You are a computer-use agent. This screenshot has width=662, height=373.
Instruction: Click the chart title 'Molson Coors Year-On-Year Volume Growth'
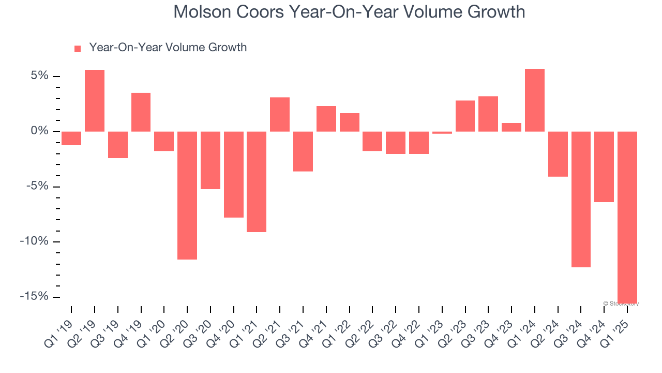pyautogui.click(x=349, y=12)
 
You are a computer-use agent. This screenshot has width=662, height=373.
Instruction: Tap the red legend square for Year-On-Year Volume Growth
pyautogui.click(x=78, y=48)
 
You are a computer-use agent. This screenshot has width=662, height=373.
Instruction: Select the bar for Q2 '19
pyautogui.click(x=95, y=101)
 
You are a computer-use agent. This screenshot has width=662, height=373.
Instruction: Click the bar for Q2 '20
pyautogui.click(x=187, y=195)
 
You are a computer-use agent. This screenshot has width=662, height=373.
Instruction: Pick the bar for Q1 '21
pyautogui.click(x=257, y=181)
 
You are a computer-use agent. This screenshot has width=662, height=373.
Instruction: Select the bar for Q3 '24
pyautogui.click(x=581, y=199)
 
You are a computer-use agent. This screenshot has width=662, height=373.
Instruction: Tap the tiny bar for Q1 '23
pyautogui.click(x=442, y=133)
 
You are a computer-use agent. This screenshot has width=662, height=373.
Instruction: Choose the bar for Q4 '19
pyautogui.click(x=141, y=112)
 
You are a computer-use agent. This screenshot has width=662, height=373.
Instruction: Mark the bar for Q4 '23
pyautogui.click(x=511, y=127)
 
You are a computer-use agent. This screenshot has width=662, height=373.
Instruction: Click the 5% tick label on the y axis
pyautogui.click(x=39, y=76)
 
